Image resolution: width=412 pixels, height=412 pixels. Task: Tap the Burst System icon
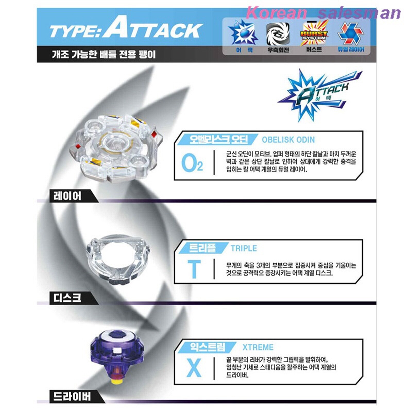[x=314, y=34]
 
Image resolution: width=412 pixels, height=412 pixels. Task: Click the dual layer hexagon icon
[x=350, y=33]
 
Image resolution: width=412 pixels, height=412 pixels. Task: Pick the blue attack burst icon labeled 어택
[x=243, y=33]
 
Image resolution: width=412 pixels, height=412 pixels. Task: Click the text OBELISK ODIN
[x=288, y=140]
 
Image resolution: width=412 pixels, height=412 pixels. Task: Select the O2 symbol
[x=192, y=163]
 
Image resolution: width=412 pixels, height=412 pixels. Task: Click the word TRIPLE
[x=244, y=248]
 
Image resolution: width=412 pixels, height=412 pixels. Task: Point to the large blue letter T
[x=194, y=269]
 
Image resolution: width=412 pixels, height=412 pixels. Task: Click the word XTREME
[x=258, y=347]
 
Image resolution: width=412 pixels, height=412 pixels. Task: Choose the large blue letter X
[x=194, y=368]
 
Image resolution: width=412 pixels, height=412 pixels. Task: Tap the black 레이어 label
[x=67, y=196]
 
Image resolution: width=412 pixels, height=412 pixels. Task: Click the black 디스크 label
[x=67, y=298]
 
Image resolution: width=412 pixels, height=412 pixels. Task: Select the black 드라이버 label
[x=72, y=396]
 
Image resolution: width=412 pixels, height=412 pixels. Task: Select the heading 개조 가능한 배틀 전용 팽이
[x=104, y=54]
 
